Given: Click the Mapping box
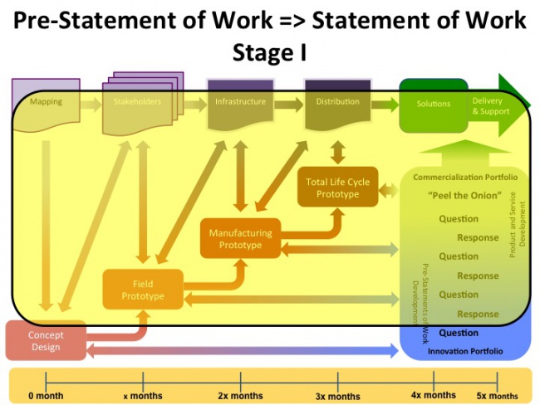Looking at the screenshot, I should click(45, 104).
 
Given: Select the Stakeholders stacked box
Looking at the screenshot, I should click(137, 104).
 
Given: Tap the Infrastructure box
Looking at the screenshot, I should click(240, 104).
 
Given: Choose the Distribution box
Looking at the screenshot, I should click(337, 104).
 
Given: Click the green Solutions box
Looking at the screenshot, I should click(433, 105).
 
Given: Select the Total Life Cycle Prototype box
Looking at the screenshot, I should click(337, 188).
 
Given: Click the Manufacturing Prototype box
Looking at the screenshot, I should click(240, 239).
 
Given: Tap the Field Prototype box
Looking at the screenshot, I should click(142, 290).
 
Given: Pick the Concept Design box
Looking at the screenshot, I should click(45, 340).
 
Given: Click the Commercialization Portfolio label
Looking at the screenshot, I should click(465, 178).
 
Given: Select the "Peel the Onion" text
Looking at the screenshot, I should click(464, 196).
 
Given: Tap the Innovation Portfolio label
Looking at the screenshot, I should click(464, 351).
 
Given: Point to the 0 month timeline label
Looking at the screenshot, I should click(46, 396).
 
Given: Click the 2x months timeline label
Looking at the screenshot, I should click(241, 396).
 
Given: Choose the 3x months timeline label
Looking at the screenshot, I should click(338, 396).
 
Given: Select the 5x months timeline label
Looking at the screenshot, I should click(497, 396).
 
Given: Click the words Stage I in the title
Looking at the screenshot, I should click(270, 52).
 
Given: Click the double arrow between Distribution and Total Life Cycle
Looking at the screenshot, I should click(337, 152).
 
